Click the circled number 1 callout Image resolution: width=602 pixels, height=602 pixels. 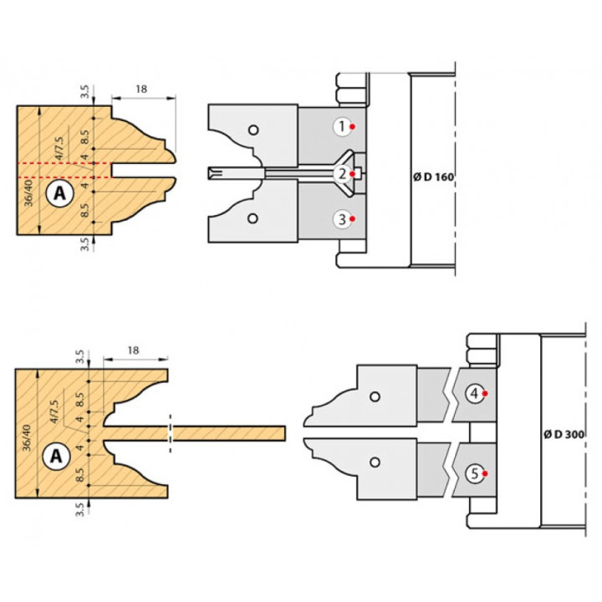[343, 127]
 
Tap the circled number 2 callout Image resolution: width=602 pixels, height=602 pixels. [343, 174]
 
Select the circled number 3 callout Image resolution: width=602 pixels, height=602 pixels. [343, 219]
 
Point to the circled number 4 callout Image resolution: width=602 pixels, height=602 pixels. [475, 394]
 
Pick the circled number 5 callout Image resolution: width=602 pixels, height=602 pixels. [475, 473]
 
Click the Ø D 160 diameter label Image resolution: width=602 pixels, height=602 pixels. [433, 177]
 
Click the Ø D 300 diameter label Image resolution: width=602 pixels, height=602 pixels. [564, 434]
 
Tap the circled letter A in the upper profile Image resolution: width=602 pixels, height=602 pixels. [60, 193]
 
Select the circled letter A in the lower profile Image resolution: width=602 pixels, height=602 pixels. [57, 457]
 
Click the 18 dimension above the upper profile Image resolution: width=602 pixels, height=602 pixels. [141, 89]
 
